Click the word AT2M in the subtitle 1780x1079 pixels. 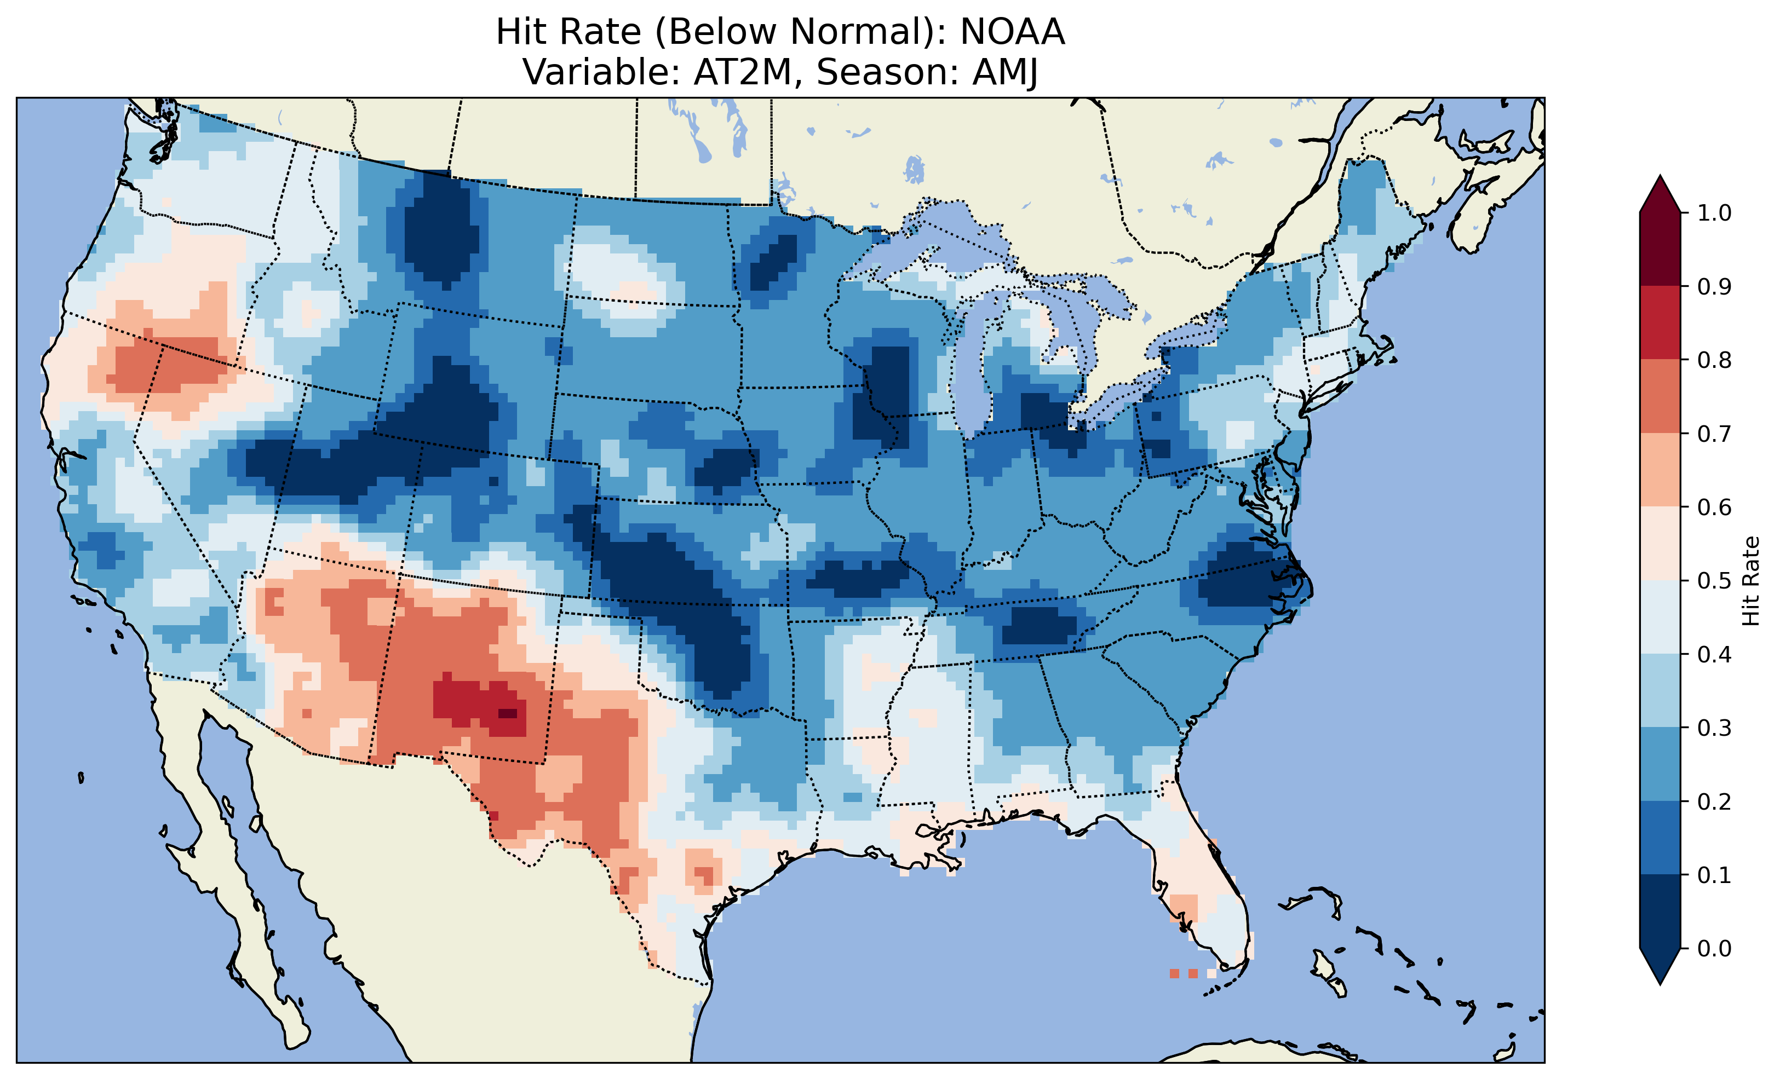[743, 72]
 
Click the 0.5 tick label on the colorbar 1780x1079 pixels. [1714, 581]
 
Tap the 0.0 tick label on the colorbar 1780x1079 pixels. [1714, 948]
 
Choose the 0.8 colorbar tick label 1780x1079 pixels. [1714, 360]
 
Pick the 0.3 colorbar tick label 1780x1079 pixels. [1714, 728]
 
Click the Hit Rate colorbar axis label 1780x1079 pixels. [1751, 581]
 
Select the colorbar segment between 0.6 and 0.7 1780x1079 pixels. [1660, 470]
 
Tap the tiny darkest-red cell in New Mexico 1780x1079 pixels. [508, 713]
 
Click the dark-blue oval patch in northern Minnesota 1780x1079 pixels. [774, 261]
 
